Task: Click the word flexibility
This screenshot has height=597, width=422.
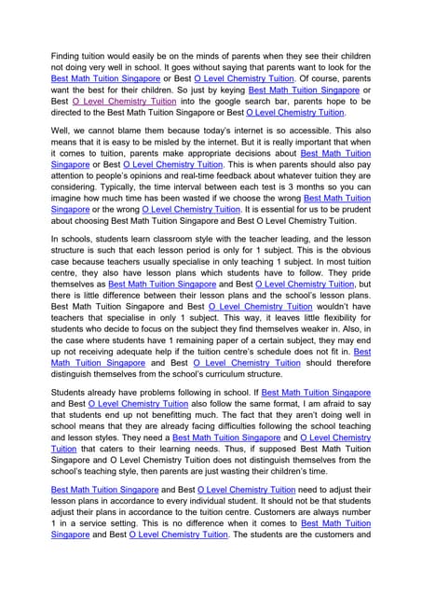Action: (x=346, y=312)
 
